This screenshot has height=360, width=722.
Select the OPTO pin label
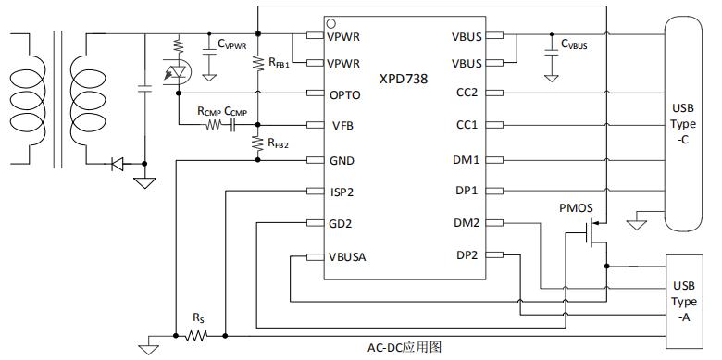pyautogui.click(x=344, y=94)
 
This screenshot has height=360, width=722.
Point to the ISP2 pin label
pyautogui.click(x=342, y=192)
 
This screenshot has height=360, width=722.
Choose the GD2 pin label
pyautogui.click(x=340, y=223)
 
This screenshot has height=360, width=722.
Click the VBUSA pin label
pyautogui.click(x=347, y=255)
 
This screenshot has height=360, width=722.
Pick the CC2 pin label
pyautogui.click(x=467, y=93)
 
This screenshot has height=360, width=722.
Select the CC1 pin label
pyautogui.click(x=467, y=125)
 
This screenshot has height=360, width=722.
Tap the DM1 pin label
pyautogui.click(x=467, y=160)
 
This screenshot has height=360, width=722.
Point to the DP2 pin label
pyautogui.click(x=467, y=255)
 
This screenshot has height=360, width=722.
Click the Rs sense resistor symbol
pyautogui.click(x=195, y=336)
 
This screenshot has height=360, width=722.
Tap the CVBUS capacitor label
pyautogui.click(x=573, y=43)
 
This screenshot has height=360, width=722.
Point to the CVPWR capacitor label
pyautogui.click(x=231, y=43)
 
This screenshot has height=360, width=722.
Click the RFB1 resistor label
pyautogui.click(x=279, y=64)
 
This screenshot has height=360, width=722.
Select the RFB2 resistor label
pyautogui.click(x=279, y=143)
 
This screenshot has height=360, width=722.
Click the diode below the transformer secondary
pyautogui.click(x=118, y=165)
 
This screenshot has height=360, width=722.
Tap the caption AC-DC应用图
pyautogui.click(x=405, y=348)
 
